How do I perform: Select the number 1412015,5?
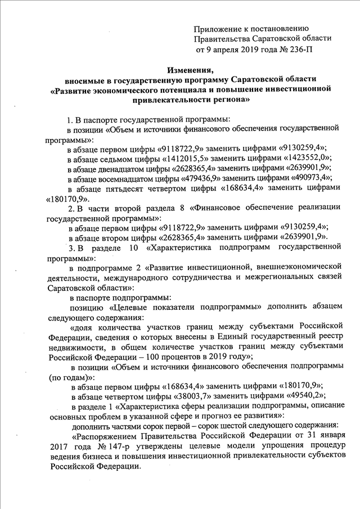188,158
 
